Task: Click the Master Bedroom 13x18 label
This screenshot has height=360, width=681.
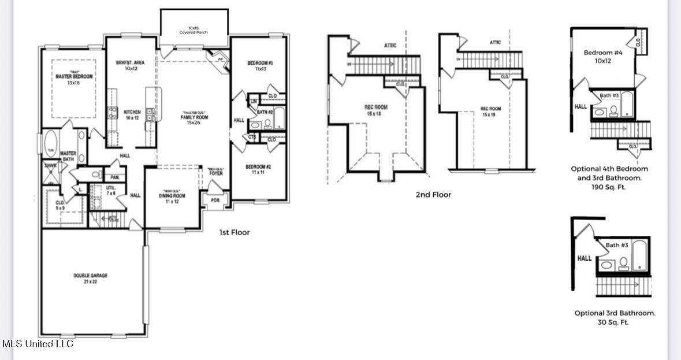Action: pyautogui.click(x=74, y=79)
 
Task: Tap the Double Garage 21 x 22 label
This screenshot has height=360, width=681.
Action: pyautogui.click(x=90, y=279)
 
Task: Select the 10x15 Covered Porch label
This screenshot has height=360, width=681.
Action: pyautogui.click(x=193, y=29)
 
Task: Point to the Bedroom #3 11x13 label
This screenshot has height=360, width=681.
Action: pyautogui.click(x=259, y=66)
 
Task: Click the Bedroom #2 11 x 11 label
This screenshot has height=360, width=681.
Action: pyautogui.click(x=258, y=169)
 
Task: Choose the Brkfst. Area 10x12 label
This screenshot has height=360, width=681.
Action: pyautogui.click(x=130, y=65)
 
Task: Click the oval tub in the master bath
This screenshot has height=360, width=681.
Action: pyautogui.click(x=50, y=144)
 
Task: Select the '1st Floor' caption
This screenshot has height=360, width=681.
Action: pyautogui.click(x=234, y=232)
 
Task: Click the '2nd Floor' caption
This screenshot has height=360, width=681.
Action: pyautogui.click(x=433, y=195)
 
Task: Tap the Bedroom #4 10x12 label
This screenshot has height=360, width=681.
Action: pyautogui.click(x=602, y=57)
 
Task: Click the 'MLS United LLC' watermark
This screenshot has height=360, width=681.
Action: pyautogui.click(x=38, y=344)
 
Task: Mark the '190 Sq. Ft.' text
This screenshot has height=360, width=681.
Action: pyautogui.click(x=609, y=187)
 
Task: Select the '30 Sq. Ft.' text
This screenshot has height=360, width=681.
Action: pyautogui.click(x=613, y=322)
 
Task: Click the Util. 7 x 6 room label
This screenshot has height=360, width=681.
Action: pyautogui.click(x=111, y=190)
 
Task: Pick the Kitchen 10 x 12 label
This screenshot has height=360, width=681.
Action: pyautogui.click(x=132, y=115)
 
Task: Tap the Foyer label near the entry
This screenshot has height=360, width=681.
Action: pyautogui.click(x=216, y=173)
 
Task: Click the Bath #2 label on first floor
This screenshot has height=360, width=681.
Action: pyautogui.click(x=265, y=111)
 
